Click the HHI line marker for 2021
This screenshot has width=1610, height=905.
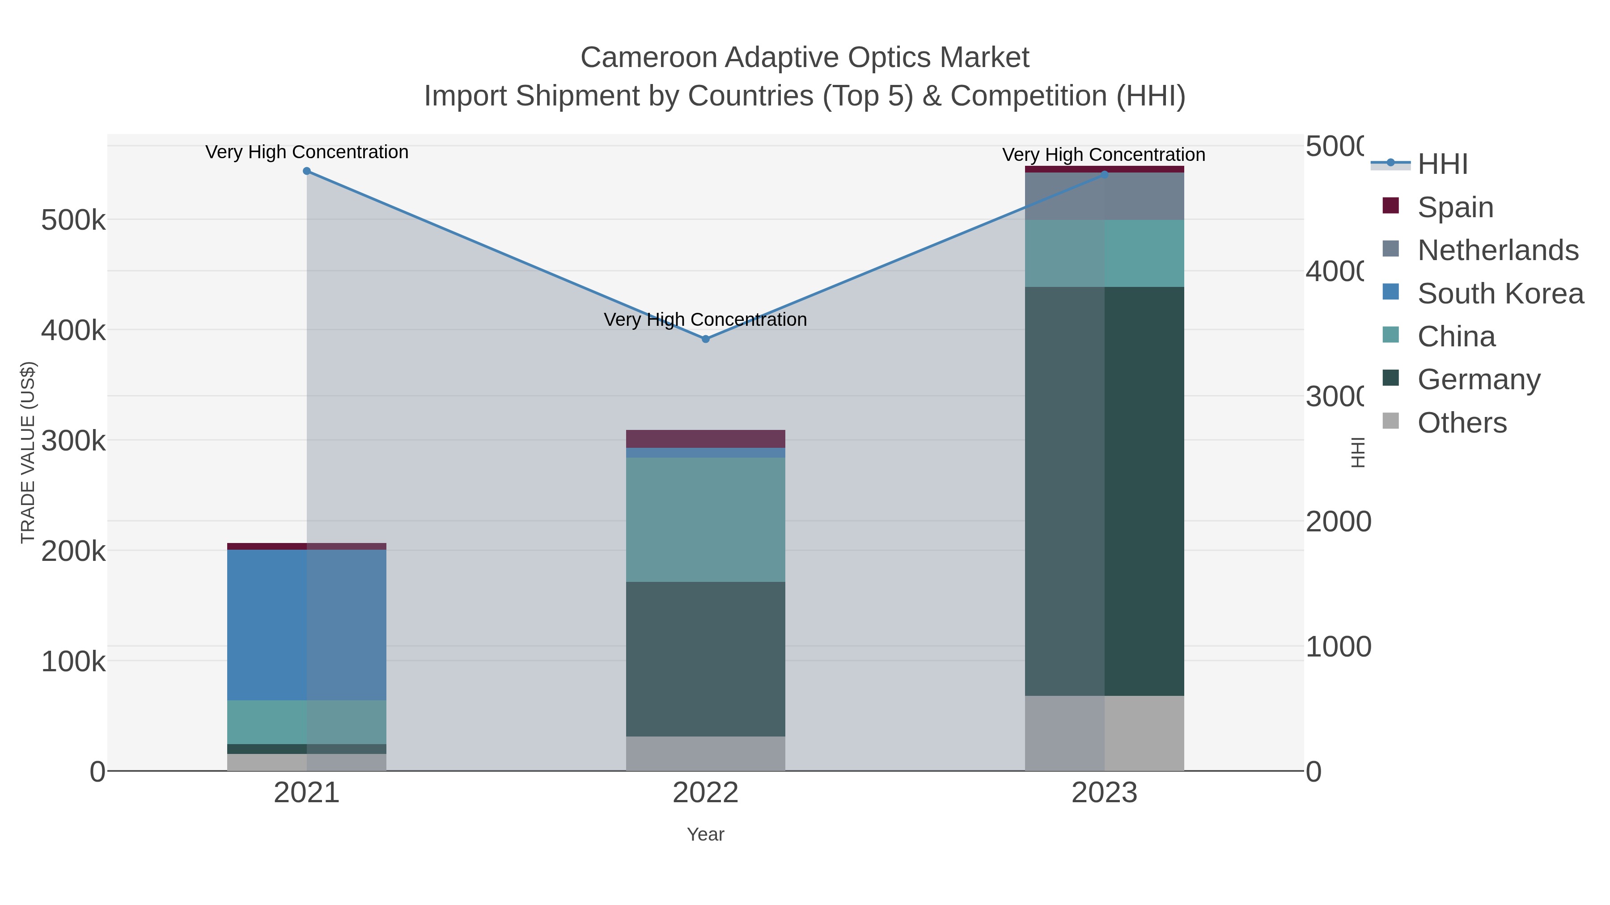pyautogui.click(x=306, y=171)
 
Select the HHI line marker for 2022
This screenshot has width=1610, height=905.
pyautogui.click(x=706, y=339)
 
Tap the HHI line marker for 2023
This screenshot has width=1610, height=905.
pyautogui.click(x=1104, y=175)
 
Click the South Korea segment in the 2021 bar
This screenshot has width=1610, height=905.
pyautogui.click(x=306, y=625)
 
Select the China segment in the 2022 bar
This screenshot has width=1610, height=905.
pyautogui.click(x=706, y=520)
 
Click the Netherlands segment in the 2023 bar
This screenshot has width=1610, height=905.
pyautogui.click(x=1104, y=196)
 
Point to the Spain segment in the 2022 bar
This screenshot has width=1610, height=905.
pyautogui.click(x=706, y=438)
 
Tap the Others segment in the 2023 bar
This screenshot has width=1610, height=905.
pyautogui.click(x=1104, y=733)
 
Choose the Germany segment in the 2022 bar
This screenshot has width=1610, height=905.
pyautogui.click(x=706, y=659)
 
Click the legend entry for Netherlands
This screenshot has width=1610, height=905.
pyautogui.click(x=1497, y=250)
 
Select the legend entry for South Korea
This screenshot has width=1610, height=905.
pyautogui.click(x=1500, y=294)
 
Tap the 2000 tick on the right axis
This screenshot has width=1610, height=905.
pyautogui.click(x=1338, y=522)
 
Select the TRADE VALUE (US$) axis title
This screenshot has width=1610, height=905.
pyautogui.click(x=28, y=452)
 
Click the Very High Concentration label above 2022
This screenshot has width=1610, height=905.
pyautogui.click(x=706, y=320)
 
